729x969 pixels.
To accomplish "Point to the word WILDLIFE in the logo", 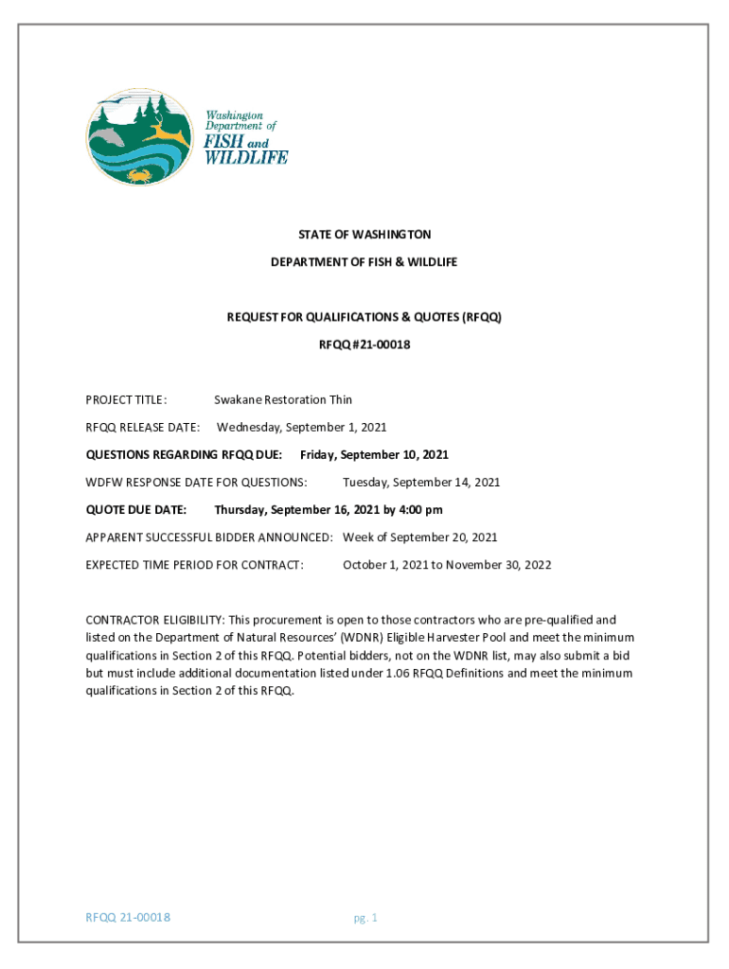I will [x=247, y=157].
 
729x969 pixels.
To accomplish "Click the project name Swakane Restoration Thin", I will [x=283, y=400].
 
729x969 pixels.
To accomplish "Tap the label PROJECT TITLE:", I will [x=127, y=400].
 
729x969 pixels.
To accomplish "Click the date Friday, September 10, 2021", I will [x=374, y=455].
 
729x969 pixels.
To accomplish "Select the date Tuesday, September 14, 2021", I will [x=421, y=483].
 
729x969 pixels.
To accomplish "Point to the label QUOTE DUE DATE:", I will [x=136, y=510].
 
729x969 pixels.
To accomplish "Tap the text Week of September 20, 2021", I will [x=419, y=537].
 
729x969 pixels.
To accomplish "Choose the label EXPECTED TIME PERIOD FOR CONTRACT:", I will [x=195, y=565].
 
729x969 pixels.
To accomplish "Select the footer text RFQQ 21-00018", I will [x=128, y=917].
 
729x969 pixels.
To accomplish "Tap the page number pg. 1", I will [x=365, y=918].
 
